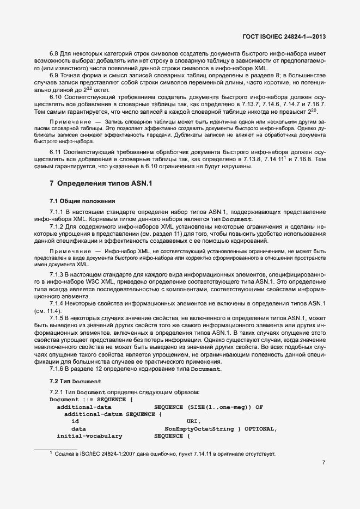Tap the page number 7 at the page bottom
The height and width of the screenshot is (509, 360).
click(x=324, y=463)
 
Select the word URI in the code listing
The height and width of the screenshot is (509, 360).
click(x=193, y=421)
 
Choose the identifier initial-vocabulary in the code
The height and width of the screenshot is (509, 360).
click(x=89, y=436)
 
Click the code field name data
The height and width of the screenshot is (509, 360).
click(x=78, y=429)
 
